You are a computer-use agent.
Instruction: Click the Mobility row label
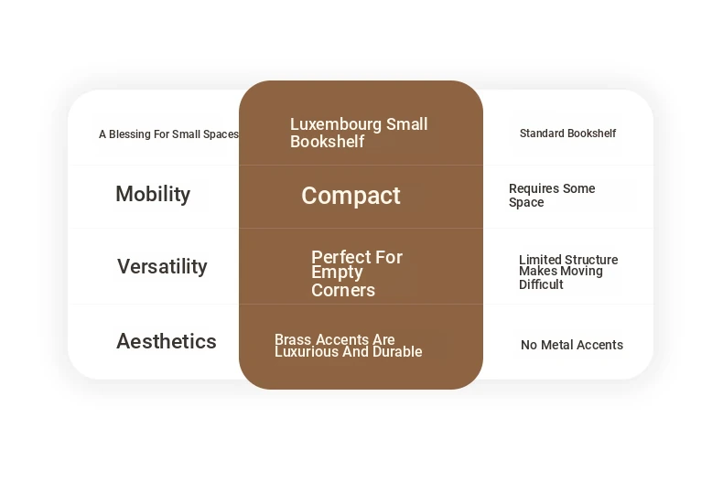click(153, 194)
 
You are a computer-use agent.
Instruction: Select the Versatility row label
click(162, 266)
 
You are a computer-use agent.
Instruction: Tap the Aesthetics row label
click(166, 341)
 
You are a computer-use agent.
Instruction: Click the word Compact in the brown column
click(351, 196)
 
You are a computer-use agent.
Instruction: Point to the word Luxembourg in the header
click(336, 123)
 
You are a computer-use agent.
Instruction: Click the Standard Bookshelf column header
click(567, 134)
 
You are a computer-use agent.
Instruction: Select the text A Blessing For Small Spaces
click(168, 134)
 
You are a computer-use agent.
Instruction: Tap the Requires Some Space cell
click(552, 196)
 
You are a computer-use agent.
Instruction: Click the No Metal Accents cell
click(572, 345)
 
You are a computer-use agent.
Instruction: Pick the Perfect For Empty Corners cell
click(357, 273)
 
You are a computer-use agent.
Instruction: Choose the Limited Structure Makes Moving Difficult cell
click(568, 272)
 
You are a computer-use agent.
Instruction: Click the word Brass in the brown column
click(293, 339)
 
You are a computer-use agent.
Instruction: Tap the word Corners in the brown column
click(343, 290)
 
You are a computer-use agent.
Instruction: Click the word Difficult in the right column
click(541, 284)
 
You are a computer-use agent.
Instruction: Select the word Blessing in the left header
click(130, 134)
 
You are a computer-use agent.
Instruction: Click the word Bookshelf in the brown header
click(328, 142)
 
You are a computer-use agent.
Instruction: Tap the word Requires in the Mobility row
click(533, 188)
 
